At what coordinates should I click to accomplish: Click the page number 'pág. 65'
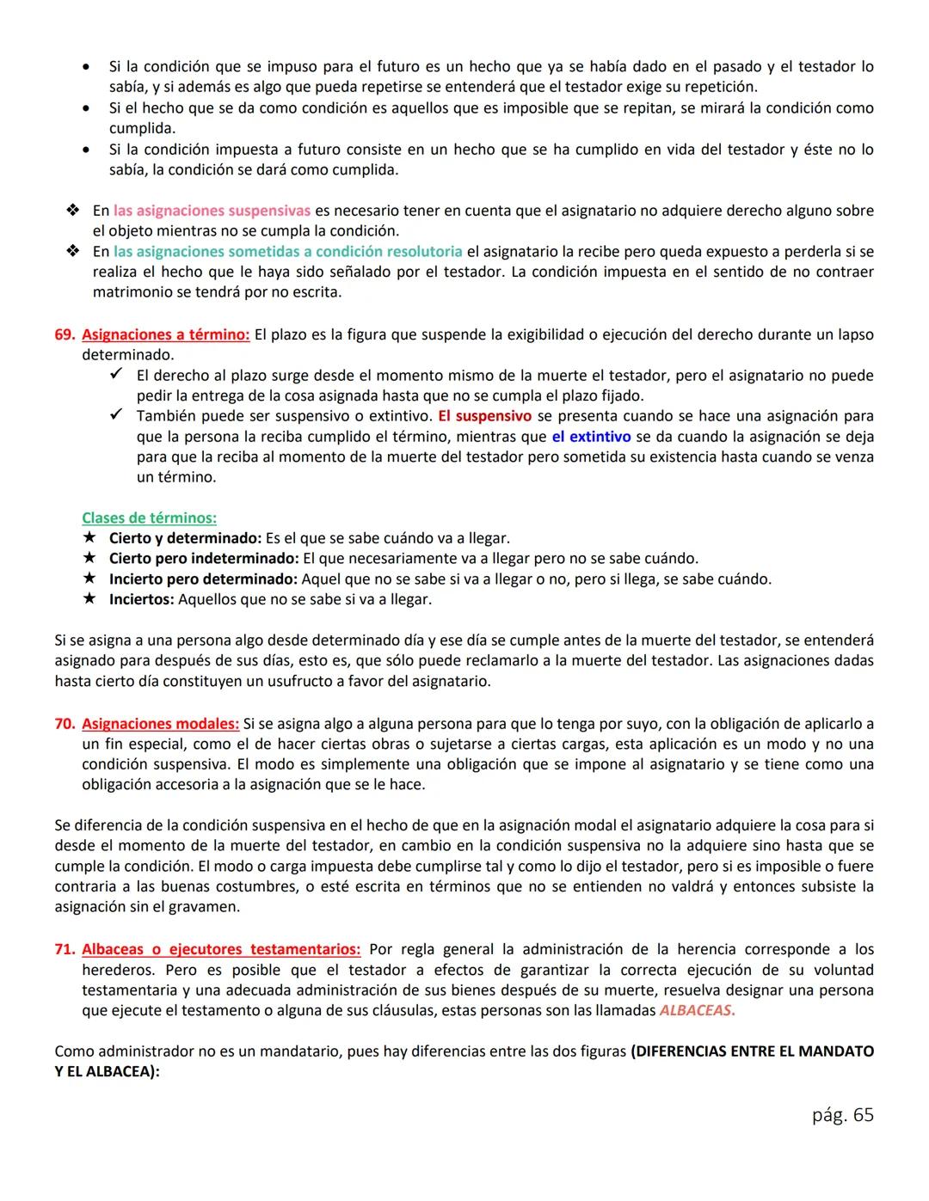[x=842, y=1115]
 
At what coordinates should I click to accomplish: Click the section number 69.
[x=65, y=334]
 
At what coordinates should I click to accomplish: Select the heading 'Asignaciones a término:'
[x=165, y=334]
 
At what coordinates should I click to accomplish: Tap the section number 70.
[x=65, y=723]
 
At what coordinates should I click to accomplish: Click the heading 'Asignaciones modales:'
[x=160, y=723]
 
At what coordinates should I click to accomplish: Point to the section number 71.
[x=65, y=949]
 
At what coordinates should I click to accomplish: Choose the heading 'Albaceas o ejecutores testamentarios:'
[x=221, y=949]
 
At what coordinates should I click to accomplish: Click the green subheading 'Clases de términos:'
[x=149, y=518]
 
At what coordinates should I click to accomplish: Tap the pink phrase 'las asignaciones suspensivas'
[x=212, y=211]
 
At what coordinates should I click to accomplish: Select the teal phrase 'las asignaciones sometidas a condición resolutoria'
[x=287, y=252]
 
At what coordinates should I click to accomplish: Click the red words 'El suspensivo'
[x=484, y=416]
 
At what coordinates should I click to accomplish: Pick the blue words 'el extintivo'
[x=591, y=437]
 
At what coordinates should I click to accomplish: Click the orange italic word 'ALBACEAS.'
[x=697, y=1011]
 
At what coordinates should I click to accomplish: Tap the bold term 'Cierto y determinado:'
[x=185, y=538]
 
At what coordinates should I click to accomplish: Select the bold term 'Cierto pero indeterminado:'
[x=204, y=559]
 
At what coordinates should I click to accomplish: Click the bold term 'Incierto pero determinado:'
[x=203, y=579]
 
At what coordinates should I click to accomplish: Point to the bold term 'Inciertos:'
[x=141, y=599]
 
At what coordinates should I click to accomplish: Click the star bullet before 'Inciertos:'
[x=89, y=599]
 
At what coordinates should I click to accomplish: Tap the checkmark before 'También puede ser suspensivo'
[x=118, y=416]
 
